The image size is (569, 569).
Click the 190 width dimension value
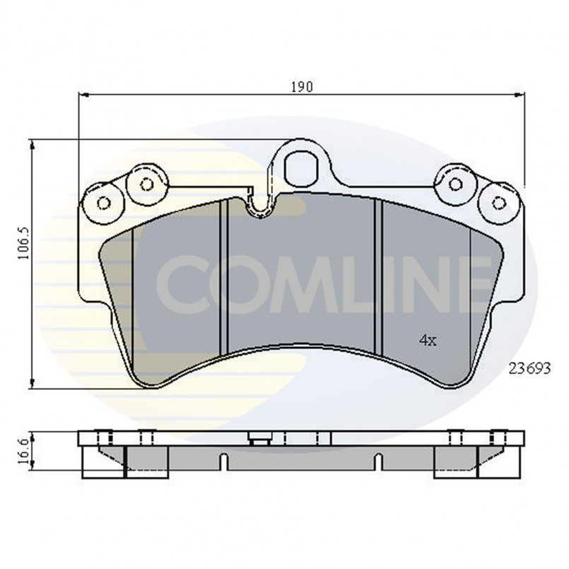click(302, 87)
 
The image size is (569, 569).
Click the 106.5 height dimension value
click(24, 243)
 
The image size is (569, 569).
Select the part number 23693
click(530, 369)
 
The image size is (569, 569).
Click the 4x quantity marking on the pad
click(428, 341)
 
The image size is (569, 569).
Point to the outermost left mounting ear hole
click(104, 204)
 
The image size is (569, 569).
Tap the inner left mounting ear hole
click(146, 184)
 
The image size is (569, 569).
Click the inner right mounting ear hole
click(454, 184)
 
